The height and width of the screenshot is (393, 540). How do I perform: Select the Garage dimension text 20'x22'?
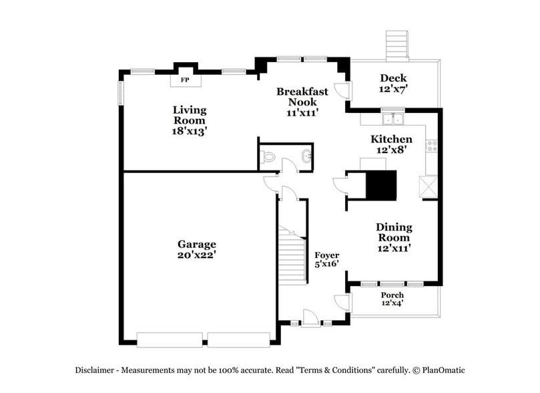pos(196,255)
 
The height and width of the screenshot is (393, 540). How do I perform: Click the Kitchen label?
pos(391,139)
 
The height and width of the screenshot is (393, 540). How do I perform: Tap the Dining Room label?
pos(393,233)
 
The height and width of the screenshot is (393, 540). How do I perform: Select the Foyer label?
pos(327,255)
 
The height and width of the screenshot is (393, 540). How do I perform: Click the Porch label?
pos(392,295)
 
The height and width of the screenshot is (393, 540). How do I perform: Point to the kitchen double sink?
pos(393,120)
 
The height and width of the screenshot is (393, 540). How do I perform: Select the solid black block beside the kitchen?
pos(383,185)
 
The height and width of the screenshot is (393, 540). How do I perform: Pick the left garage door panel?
pos(170,339)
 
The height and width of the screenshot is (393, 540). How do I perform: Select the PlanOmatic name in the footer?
pos(442,370)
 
